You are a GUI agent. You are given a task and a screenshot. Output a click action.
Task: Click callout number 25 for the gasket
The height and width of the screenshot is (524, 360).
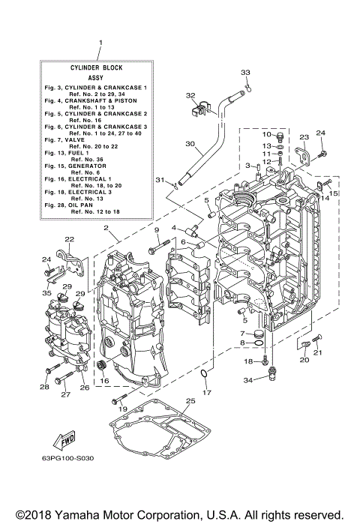[190, 402]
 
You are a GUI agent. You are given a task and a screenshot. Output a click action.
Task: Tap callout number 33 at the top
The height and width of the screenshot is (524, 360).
[244, 72]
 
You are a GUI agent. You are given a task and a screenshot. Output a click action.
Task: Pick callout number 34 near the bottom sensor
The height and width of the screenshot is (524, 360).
[268, 381]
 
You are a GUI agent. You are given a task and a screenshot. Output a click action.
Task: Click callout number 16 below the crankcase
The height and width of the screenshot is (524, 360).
[105, 381]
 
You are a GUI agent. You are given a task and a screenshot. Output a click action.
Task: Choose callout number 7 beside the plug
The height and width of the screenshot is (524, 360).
[242, 334]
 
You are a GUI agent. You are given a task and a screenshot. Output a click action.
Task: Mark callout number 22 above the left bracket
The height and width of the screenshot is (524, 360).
[69, 239]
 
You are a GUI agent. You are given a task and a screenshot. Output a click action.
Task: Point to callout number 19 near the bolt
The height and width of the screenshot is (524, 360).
[124, 409]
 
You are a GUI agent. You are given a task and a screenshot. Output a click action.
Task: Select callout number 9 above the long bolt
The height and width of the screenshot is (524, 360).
[158, 230]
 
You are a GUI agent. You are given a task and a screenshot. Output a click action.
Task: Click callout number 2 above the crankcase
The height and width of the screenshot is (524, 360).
[106, 228]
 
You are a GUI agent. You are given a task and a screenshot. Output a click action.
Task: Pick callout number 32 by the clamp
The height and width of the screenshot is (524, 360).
[190, 96]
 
